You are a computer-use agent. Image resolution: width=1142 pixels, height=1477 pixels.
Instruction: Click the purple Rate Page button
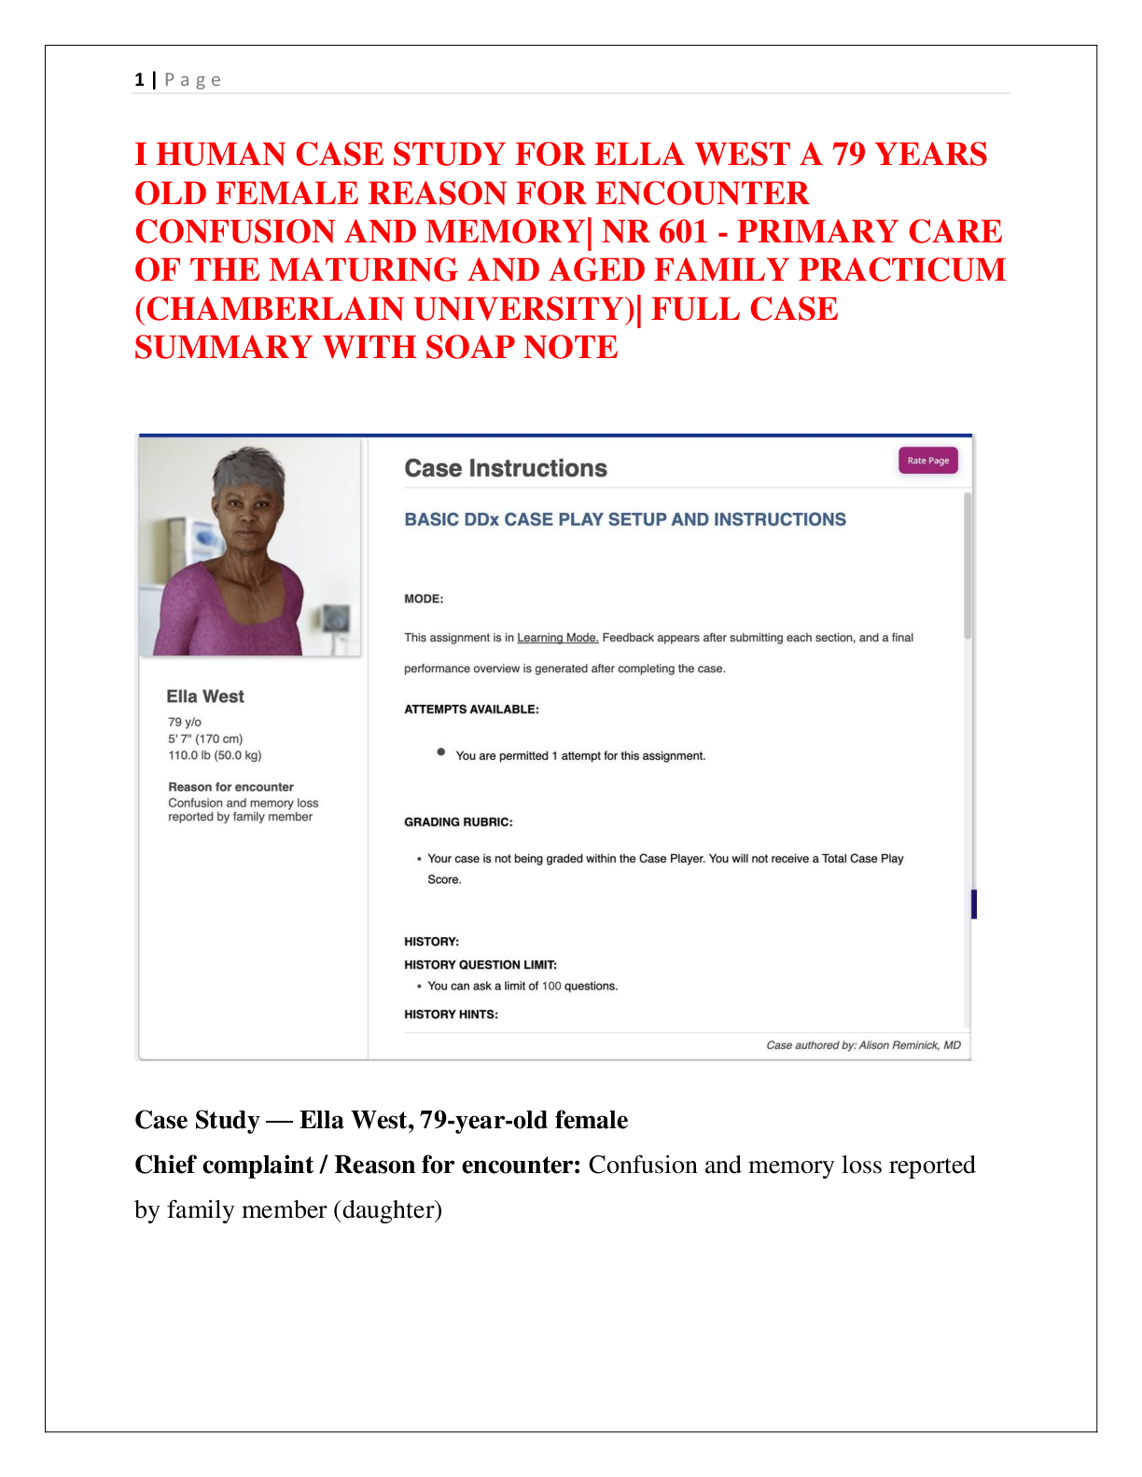pyautogui.click(x=927, y=461)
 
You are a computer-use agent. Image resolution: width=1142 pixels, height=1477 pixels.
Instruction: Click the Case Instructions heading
pyautogui.click(x=505, y=468)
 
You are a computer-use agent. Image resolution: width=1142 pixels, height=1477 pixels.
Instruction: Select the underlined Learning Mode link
pyautogui.click(x=557, y=638)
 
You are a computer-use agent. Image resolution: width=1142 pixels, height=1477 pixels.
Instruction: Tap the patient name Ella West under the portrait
pyautogui.click(x=205, y=697)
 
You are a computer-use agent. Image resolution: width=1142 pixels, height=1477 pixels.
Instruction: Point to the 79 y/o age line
pyautogui.click(x=185, y=722)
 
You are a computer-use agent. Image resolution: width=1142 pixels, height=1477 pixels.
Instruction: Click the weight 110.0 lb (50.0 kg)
pyautogui.click(x=215, y=755)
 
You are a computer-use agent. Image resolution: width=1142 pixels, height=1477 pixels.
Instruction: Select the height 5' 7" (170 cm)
pyautogui.click(x=205, y=738)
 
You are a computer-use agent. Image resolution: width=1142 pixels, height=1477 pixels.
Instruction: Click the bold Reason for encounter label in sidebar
pyautogui.click(x=230, y=787)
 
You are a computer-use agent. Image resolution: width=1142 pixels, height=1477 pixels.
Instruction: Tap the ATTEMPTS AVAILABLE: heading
pyautogui.click(x=471, y=710)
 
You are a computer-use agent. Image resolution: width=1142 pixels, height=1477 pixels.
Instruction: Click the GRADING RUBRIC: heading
pyautogui.click(x=458, y=822)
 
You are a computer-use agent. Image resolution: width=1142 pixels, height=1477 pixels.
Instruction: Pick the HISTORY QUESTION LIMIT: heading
pyautogui.click(x=480, y=965)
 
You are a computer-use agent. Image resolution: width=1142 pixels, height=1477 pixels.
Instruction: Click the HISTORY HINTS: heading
pyautogui.click(x=451, y=1015)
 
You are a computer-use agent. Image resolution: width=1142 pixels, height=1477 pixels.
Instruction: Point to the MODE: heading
pyautogui.click(x=424, y=599)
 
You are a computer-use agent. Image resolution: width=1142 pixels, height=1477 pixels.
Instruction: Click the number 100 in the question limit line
pyautogui.click(x=551, y=987)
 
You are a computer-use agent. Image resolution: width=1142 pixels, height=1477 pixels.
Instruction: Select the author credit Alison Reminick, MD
pyautogui.click(x=909, y=1045)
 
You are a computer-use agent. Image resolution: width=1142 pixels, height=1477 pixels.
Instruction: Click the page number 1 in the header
pyautogui.click(x=139, y=80)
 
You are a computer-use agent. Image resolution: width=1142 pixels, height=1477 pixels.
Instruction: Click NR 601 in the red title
pyautogui.click(x=653, y=231)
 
